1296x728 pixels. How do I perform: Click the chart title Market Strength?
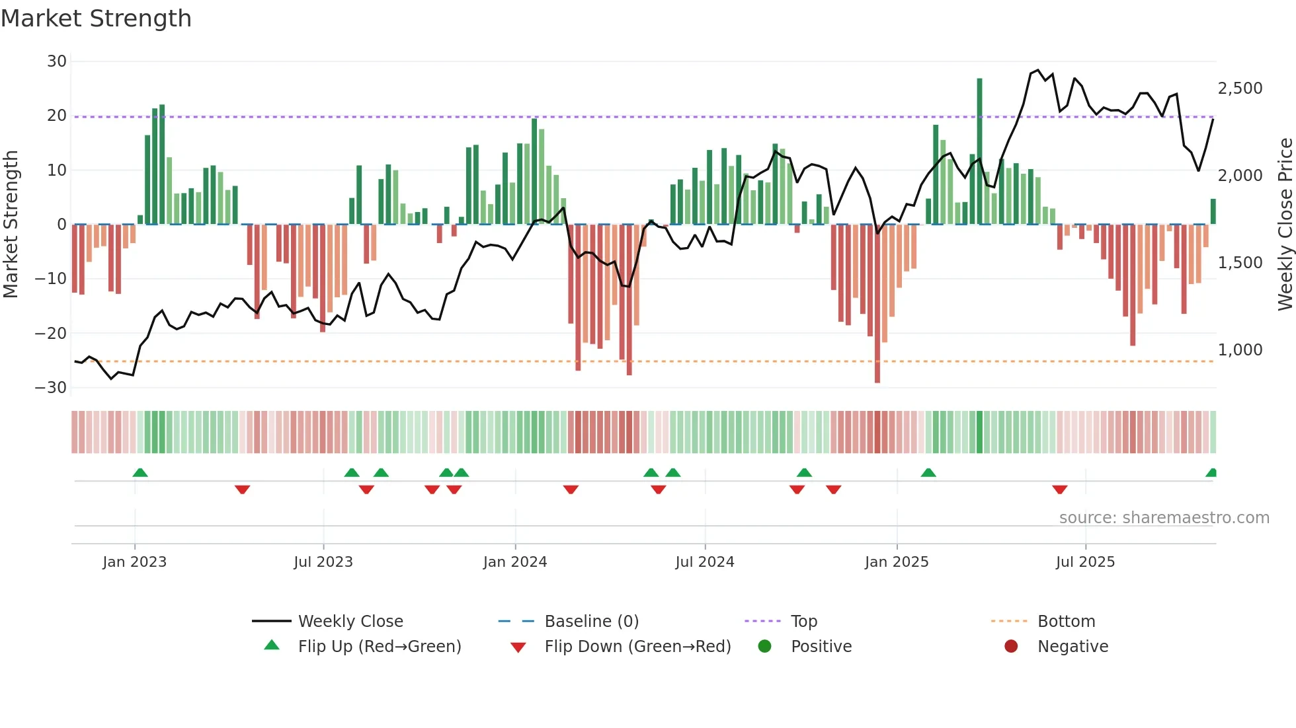pyautogui.click(x=96, y=18)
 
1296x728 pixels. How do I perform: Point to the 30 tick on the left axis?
pyautogui.click(x=57, y=61)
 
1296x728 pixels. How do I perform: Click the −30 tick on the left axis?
pyautogui.click(x=51, y=388)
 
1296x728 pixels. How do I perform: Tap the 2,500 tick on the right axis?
pyautogui.click(x=1240, y=89)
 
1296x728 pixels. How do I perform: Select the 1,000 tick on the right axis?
pyautogui.click(x=1240, y=350)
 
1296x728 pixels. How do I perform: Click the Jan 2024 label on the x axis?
pyautogui.click(x=515, y=562)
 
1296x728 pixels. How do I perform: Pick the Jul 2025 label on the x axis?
pyautogui.click(x=1085, y=562)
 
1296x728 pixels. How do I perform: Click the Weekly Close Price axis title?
pyautogui.click(x=1285, y=224)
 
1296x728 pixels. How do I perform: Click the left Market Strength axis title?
pyautogui.click(x=11, y=224)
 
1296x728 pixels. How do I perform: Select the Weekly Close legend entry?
pyautogui.click(x=350, y=622)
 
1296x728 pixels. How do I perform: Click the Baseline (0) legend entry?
pyautogui.click(x=591, y=622)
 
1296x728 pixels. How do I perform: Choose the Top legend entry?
pyautogui.click(x=803, y=622)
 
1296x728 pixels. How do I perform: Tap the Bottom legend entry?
pyautogui.click(x=1066, y=622)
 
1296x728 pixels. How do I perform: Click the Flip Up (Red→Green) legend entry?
pyautogui.click(x=379, y=647)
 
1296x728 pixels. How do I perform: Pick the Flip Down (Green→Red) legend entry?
pyautogui.click(x=637, y=647)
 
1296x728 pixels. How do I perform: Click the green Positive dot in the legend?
pyautogui.click(x=765, y=647)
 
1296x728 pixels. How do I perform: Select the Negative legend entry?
pyautogui.click(x=1073, y=647)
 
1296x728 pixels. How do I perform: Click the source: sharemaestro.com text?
pyautogui.click(x=1164, y=518)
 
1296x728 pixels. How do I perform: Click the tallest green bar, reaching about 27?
pyautogui.click(x=979, y=152)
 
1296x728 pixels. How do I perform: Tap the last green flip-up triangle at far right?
pyautogui.click(x=1211, y=473)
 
